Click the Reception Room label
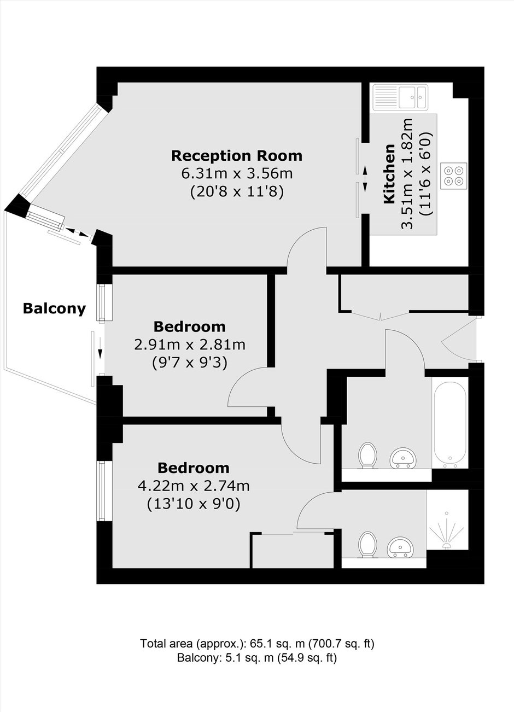(x=237, y=156)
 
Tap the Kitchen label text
(x=389, y=173)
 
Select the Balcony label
(x=54, y=308)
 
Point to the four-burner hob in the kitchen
(x=454, y=176)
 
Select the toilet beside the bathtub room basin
(x=368, y=456)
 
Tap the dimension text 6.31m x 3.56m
(x=237, y=174)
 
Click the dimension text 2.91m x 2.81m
(x=190, y=345)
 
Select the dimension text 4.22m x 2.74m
(x=194, y=486)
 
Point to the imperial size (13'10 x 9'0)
(x=194, y=504)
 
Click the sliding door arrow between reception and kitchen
(x=365, y=179)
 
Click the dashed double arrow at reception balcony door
(x=77, y=231)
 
